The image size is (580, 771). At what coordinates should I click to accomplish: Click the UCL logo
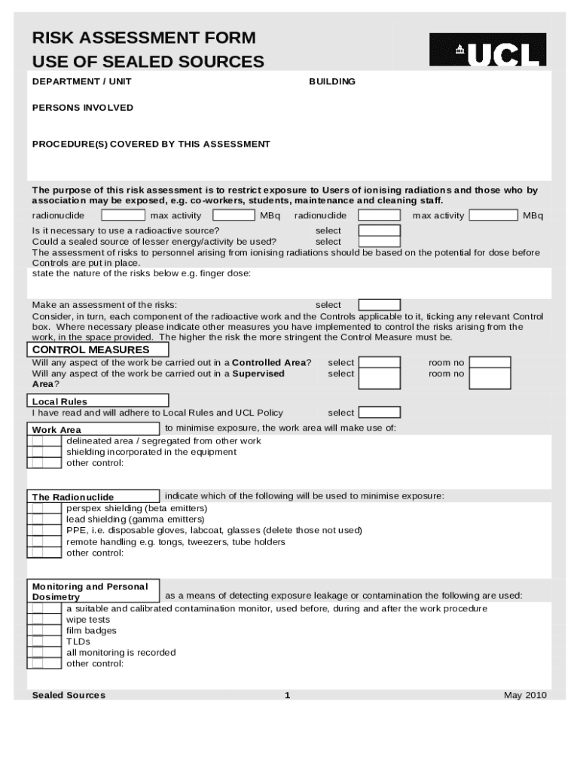click(x=487, y=50)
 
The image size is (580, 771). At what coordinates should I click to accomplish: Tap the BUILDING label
click(x=332, y=81)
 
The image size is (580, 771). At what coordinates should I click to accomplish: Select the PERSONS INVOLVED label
click(x=82, y=108)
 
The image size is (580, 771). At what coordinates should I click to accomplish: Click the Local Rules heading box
click(x=98, y=401)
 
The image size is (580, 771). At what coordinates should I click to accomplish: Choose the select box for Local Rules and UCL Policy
click(x=380, y=413)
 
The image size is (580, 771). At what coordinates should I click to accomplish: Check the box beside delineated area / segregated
click(x=44, y=441)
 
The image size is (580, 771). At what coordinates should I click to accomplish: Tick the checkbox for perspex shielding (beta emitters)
click(x=44, y=508)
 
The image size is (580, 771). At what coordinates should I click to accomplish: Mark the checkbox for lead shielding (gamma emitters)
click(x=44, y=520)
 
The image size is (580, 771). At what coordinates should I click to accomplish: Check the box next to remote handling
click(x=44, y=541)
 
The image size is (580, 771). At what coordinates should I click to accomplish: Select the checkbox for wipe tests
click(x=44, y=620)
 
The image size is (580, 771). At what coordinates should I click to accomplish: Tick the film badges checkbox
click(x=44, y=631)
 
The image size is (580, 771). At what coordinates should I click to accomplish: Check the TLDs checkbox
click(x=44, y=641)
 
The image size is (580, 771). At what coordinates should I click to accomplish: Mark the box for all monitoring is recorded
click(x=44, y=653)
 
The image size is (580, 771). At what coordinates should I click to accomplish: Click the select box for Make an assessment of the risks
click(x=380, y=305)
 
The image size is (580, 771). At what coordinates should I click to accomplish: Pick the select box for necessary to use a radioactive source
click(x=380, y=230)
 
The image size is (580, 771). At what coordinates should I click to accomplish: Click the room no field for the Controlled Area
click(x=490, y=363)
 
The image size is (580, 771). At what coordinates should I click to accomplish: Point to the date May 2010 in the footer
click(x=525, y=695)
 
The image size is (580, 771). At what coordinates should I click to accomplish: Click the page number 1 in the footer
click(x=288, y=695)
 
